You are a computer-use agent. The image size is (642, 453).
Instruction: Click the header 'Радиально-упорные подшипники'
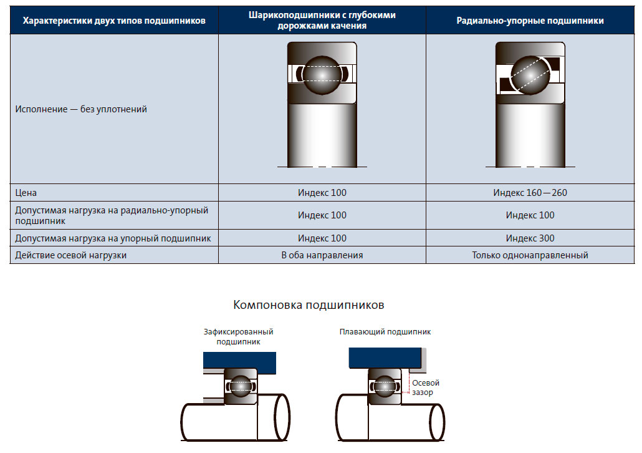click(530, 21)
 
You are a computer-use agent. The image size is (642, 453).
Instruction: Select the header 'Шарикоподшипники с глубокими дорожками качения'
click(322, 21)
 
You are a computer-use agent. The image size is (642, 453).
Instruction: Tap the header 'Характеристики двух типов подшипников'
click(114, 21)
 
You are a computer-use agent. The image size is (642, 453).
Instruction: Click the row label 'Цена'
click(26, 193)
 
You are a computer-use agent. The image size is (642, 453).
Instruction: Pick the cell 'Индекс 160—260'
click(530, 193)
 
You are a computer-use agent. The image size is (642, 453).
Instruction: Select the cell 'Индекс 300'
click(530, 238)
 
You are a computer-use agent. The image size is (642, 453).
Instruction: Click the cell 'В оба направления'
click(322, 255)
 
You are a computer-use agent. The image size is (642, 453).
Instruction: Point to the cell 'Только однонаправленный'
click(530, 255)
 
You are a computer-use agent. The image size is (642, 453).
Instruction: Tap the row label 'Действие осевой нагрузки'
click(71, 255)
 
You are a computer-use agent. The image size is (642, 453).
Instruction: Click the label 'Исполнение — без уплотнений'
click(81, 109)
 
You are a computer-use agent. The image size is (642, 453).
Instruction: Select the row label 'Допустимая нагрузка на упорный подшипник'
click(113, 238)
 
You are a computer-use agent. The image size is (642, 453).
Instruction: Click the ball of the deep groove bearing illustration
click(322, 75)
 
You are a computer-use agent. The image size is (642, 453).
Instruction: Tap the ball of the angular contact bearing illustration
click(530, 75)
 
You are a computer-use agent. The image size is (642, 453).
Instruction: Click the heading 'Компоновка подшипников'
click(309, 305)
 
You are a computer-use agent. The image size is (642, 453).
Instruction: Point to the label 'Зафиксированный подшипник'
click(238, 336)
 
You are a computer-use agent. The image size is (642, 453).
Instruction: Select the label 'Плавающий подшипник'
click(385, 332)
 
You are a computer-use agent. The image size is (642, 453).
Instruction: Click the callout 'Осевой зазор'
click(426, 387)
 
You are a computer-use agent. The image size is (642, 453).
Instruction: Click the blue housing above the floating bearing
click(385, 358)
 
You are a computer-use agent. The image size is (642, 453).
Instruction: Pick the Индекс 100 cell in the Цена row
click(322, 193)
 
